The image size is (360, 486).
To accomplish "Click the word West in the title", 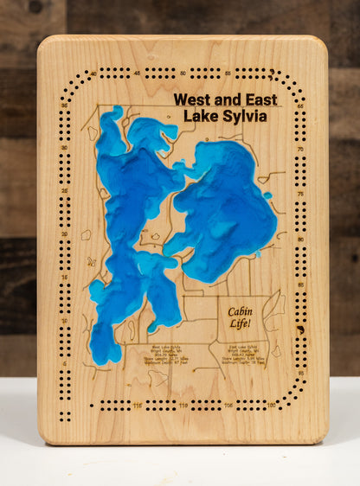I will pyautogui.click(x=190, y=99).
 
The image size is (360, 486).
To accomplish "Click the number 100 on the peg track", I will pyautogui.click(x=271, y=405).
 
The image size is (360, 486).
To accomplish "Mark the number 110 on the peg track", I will pyautogui.click(x=183, y=405).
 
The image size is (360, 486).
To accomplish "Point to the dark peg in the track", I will pyautogui.click(x=300, y=329).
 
